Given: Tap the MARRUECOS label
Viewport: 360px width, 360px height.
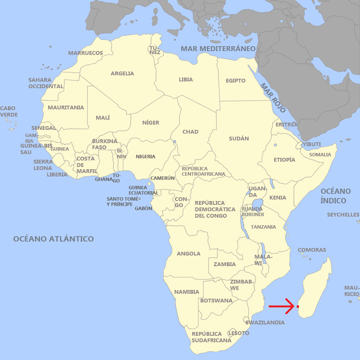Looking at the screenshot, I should (x=86, y=53).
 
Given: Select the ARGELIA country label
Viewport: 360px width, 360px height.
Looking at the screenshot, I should (x=122, y=73).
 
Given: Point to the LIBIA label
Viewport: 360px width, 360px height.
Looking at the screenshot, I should (x=186, y=79).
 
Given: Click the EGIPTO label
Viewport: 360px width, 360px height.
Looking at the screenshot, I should (x=236, y=81).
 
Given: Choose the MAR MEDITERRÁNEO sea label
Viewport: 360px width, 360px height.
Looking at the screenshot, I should (x=218, y=48).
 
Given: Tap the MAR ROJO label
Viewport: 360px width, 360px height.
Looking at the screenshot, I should (x=272, y=98).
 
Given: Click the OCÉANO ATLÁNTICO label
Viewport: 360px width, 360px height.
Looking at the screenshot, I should (x=53, y=239).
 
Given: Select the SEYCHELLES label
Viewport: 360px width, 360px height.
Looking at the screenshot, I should (x=343, y=215).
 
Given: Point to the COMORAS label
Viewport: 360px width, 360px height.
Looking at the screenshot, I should (x=312, y=250).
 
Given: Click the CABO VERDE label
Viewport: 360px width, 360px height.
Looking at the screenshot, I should (x=8, y=112).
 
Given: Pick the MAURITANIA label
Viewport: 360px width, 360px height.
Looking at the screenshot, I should (x=66, y=108).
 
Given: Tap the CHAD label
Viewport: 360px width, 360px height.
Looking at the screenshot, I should (x=190, y=132).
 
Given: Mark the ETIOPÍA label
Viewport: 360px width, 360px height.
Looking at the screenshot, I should (x=285, y=160).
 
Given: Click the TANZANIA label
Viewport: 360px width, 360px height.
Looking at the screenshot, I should (x=263, y=227).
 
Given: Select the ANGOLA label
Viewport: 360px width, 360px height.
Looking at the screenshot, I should (x=189, y=254).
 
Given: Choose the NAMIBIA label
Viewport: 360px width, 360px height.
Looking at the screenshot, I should (x=187, y=292).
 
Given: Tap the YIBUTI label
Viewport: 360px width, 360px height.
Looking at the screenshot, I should (x=312, y=144).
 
